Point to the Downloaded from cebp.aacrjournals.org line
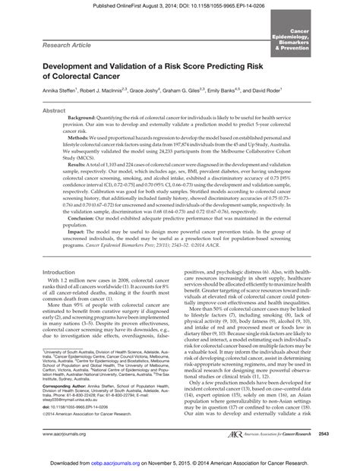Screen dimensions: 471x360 (179, 461)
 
